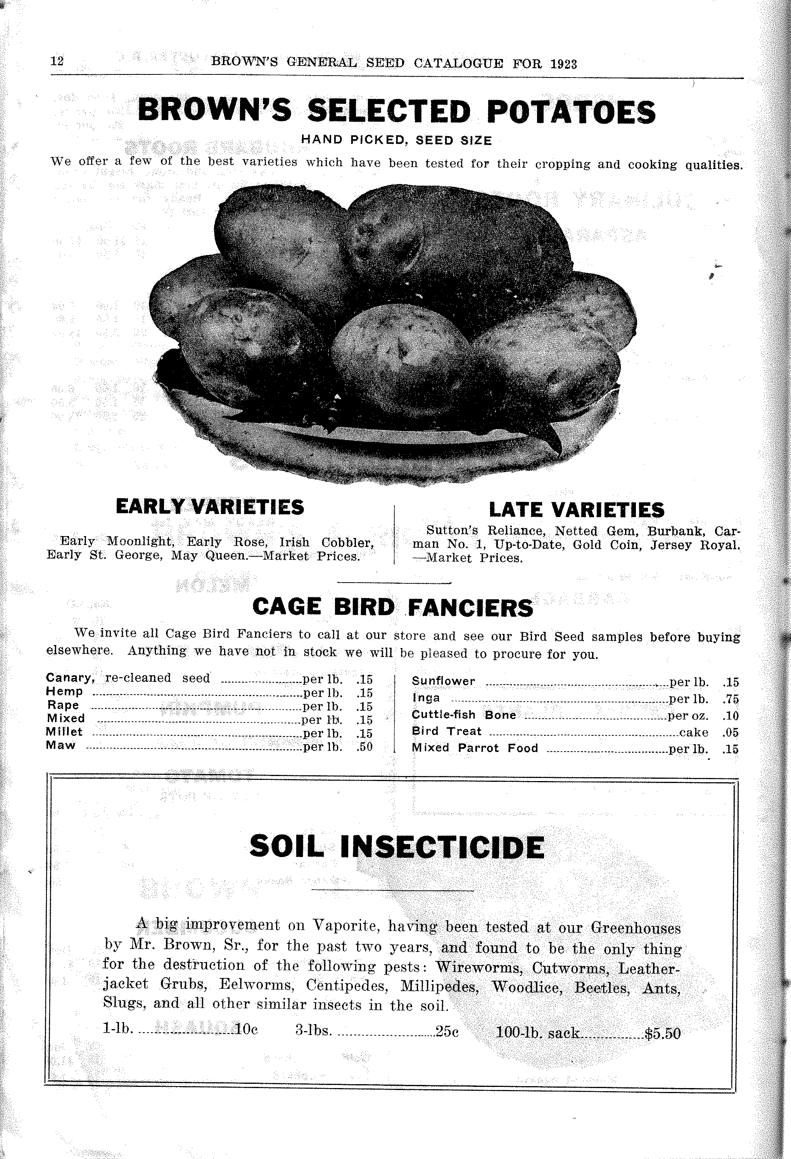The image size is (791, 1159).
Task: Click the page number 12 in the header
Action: [57, 61]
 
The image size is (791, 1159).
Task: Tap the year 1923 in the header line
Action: [564, 64]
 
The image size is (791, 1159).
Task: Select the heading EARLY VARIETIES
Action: [209, 507]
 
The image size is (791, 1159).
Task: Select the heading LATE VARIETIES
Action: [577, 510]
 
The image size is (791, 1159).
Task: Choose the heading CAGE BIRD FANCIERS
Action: [392, 607]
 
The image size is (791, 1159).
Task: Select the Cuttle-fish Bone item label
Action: [463, 715]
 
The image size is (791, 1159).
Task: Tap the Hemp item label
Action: [64, 692]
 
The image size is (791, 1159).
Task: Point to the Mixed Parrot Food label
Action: [475, 748]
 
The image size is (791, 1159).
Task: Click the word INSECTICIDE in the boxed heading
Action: [442, 847]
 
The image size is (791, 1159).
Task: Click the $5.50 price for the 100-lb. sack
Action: [662, 1034]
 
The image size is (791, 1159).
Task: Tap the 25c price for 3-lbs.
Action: [447, 1032]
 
